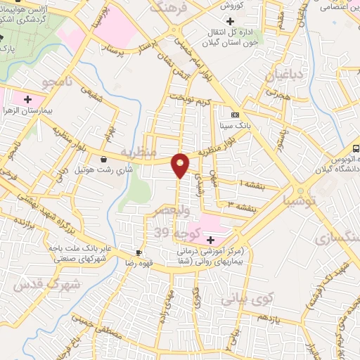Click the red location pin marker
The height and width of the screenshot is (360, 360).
(x=181, y=165)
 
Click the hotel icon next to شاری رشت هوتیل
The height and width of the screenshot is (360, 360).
(x=103, y=160)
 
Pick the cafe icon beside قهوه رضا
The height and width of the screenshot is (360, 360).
(x=139, y=252)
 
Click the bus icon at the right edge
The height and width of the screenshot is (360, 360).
(x=356, y=148)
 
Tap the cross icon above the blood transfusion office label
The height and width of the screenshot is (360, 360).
(x=229, y=22)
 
